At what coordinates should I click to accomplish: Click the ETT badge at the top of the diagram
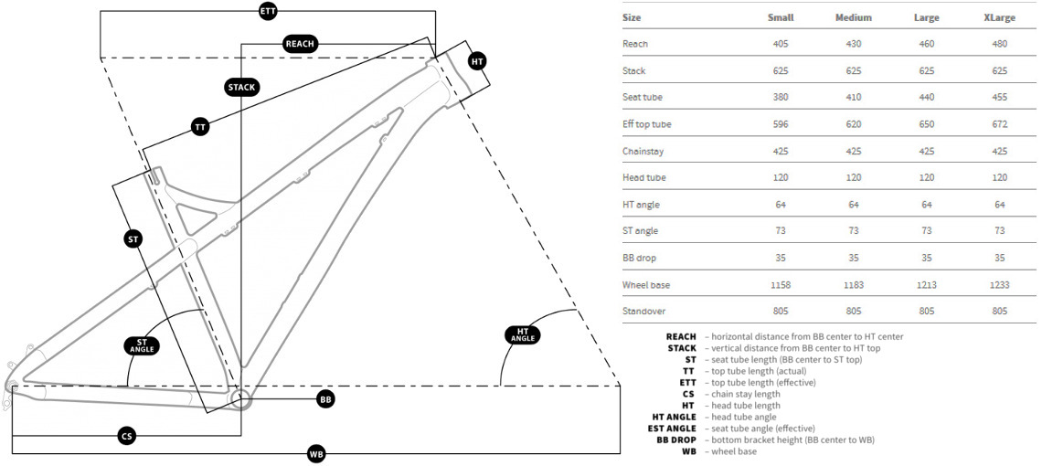[x=268, y=11]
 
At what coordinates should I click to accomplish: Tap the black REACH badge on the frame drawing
[x=300, y=44]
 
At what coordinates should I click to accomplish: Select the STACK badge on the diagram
[x=242, y=87]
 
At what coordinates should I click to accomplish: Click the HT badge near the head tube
[x=477, y=61]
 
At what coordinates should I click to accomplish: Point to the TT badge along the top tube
[x=200, y=127]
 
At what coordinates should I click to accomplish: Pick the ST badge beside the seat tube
[x=133, y=239]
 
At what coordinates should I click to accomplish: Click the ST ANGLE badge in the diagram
[x=142, y=344]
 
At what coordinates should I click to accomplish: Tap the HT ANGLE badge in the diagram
[x=523, y=334]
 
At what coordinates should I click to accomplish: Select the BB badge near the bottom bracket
[x=325, y=399]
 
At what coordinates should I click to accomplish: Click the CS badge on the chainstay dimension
[x=127, y=437]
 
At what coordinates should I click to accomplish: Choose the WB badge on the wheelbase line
[x=316, y=453]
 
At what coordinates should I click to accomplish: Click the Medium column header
[x=853, y=17]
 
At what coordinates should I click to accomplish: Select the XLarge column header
[x=999, y=17]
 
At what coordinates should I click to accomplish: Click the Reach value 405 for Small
[x=780, y=44]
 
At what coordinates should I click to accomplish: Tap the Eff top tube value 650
[x=926, y=124]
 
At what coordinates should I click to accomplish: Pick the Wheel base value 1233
[x=999, y=285]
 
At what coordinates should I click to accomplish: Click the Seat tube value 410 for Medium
[x=853, y=98]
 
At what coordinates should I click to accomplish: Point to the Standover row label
[x=644, y=312]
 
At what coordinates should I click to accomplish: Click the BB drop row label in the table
[x=641, y=258]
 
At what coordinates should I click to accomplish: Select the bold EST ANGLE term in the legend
[x=672, y=429]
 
